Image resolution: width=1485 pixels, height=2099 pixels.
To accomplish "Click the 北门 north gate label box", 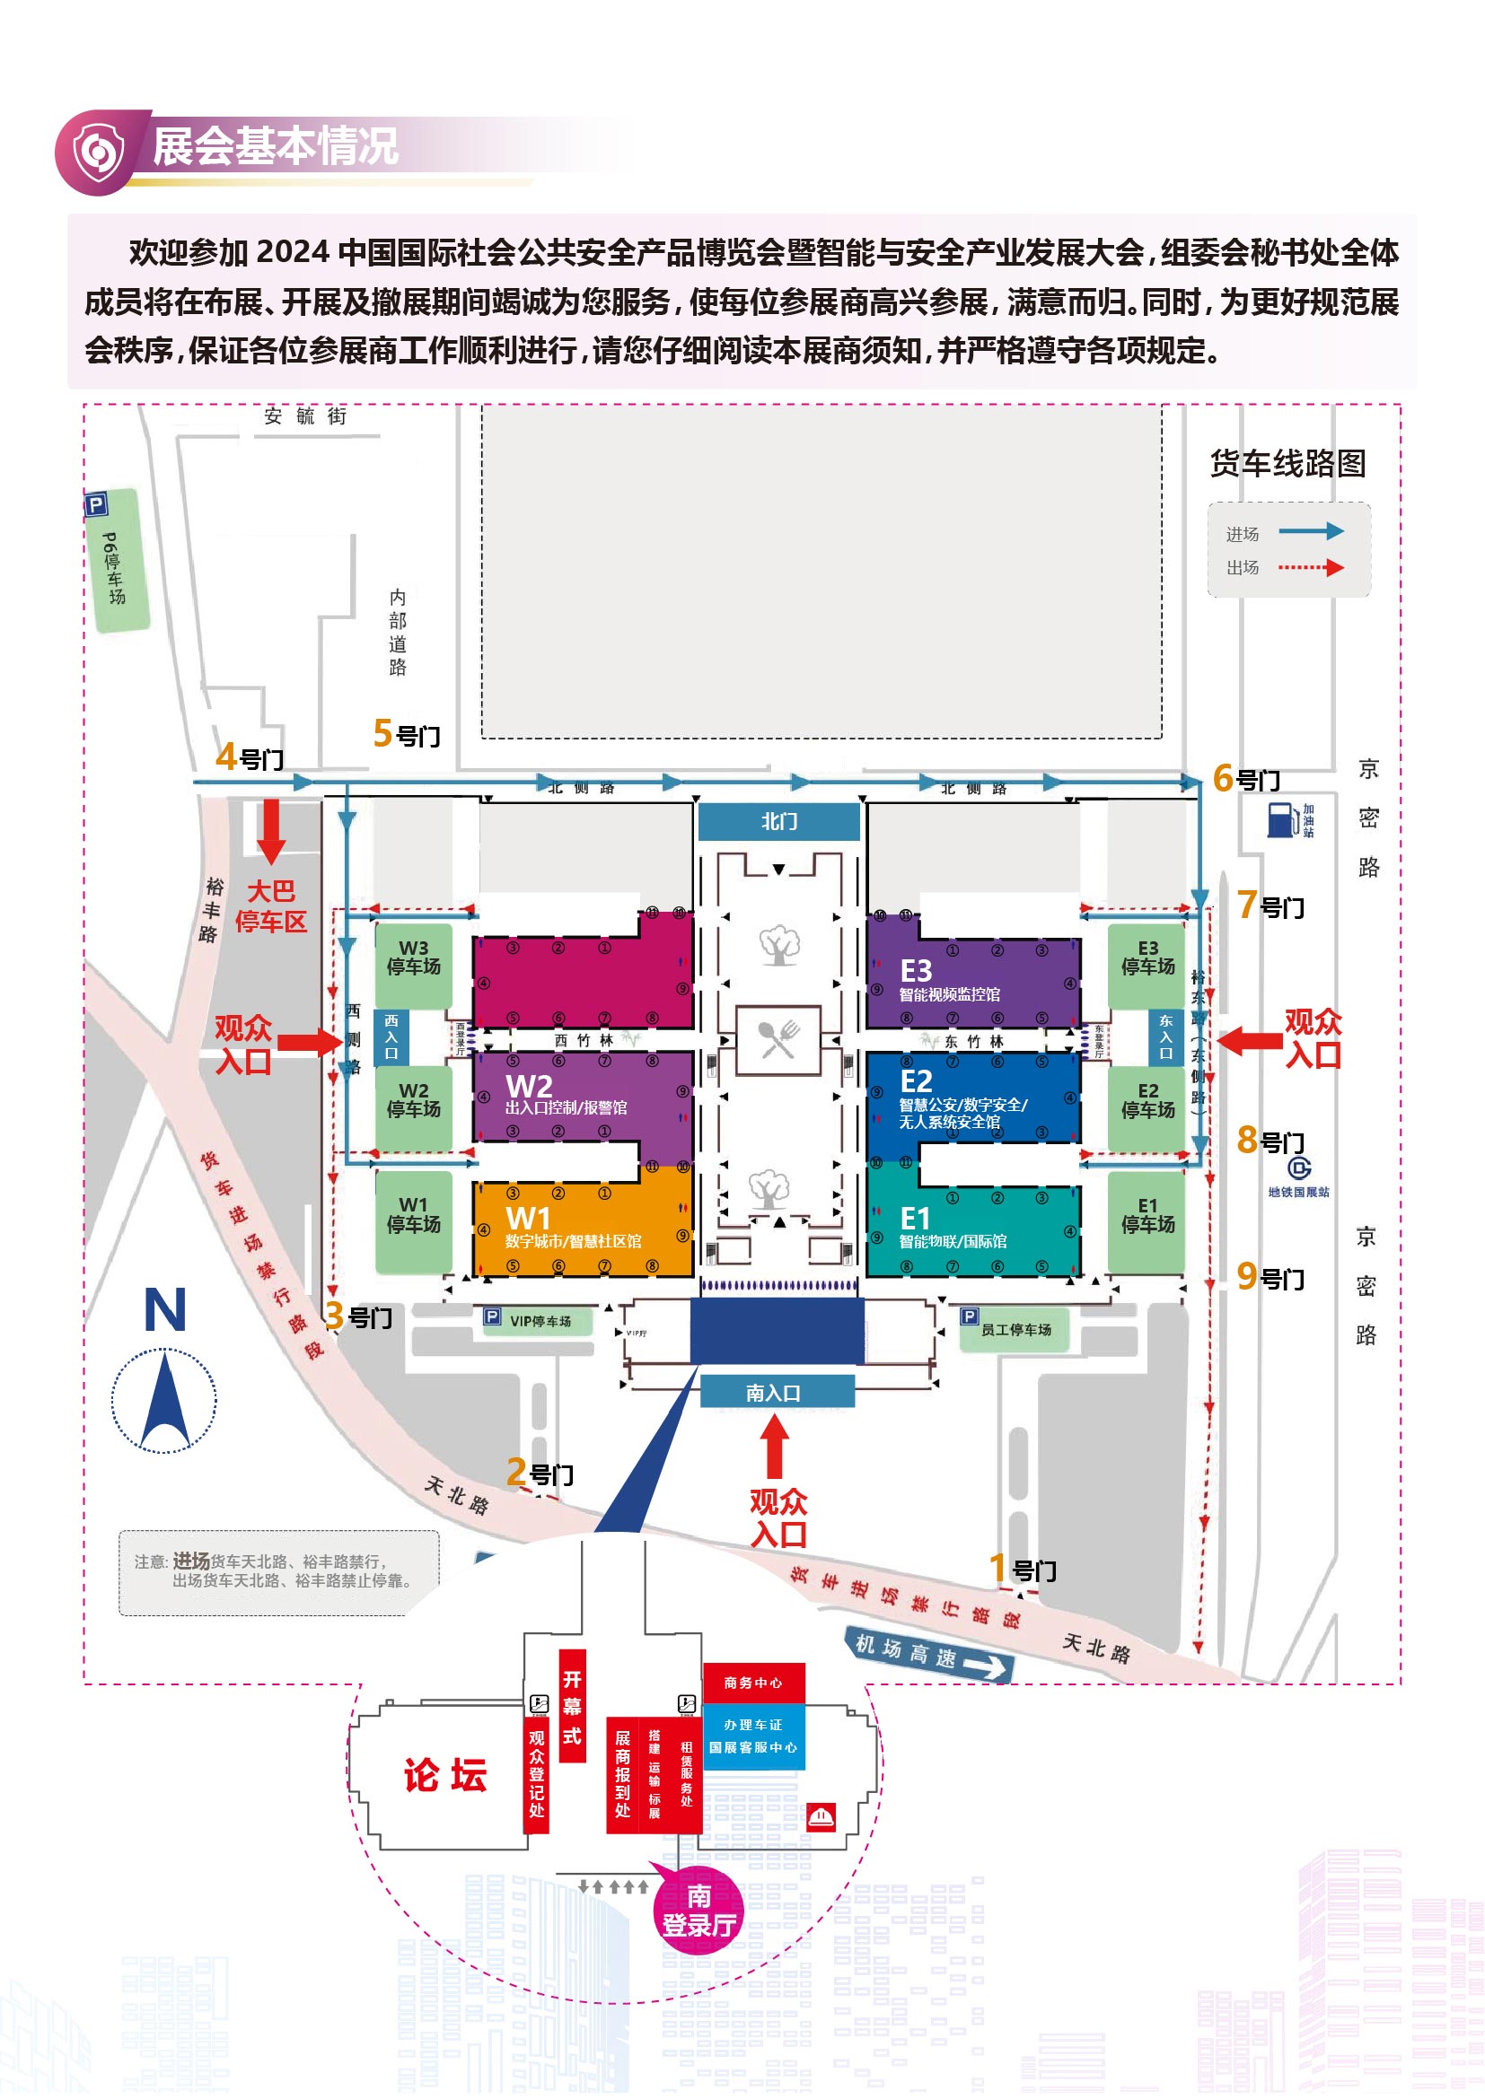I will pyautogui.click(x=779, y=821).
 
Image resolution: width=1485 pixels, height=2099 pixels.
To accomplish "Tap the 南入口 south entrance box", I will pyautogui.click(x=778, y=1393).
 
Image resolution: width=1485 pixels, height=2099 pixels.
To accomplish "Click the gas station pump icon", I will pyautogui.click(x=1282, y=819).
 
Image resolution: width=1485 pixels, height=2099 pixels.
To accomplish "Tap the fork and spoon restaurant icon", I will pyautogui.click(x=778, y=1039).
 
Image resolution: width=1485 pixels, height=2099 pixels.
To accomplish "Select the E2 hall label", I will pyautogui.click(x=917, y=1081).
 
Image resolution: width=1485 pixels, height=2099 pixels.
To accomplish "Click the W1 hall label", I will pyautogui.click(x=529, y=1220).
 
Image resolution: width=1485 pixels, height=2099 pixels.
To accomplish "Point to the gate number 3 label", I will pyautogui.click(x=357, y=1316).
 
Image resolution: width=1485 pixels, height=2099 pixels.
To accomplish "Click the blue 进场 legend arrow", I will pyautogui.click(x=1310, y=531).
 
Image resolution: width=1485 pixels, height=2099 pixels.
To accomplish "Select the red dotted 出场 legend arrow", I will pyautogui.click(x=1310, y=568).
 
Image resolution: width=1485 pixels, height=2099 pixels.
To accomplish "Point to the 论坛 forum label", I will pyautogui.click(x=445, y=1775).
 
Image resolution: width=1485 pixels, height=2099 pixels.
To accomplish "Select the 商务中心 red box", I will pyautogui.click(x=752, y=1683).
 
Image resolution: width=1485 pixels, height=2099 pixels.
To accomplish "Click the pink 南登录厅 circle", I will pyautogui.click(x=699, y=1911).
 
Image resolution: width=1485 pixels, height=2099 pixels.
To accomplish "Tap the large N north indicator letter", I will pyautogui.click(x=164, y=1310).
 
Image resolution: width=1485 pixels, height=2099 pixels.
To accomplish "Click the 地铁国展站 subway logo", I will pyautogui.click(x=1298, y=1168).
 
